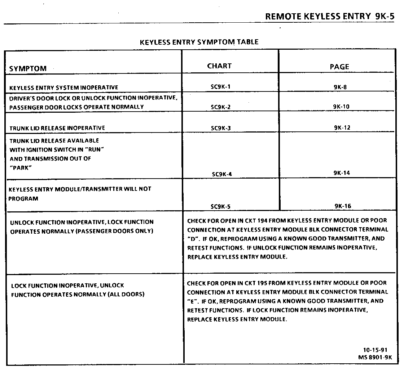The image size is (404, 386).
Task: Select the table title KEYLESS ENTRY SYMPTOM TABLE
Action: [199, 42]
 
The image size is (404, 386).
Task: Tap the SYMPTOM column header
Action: [28, 68]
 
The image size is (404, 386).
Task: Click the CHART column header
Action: [219, 66]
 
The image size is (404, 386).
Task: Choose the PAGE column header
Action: [339, 67]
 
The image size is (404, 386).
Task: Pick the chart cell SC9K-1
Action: [221, 87]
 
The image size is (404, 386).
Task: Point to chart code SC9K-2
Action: [221, 107]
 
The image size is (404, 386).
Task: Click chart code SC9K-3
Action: [221, 128]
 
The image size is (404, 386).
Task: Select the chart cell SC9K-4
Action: [222, 174]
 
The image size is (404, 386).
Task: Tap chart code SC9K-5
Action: [221, 207]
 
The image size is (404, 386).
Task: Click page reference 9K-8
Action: [340, 87]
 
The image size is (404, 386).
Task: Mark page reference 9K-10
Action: [341, 107]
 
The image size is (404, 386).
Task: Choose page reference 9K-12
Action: [342, 127]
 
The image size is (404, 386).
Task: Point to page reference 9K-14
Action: [342, 173]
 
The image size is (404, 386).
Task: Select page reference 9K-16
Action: [343, 206]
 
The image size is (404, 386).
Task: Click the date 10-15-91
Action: [375, 350]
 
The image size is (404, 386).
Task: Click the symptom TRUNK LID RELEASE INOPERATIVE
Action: [57, 128]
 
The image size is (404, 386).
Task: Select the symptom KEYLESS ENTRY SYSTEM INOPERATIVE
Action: [63, 87]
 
